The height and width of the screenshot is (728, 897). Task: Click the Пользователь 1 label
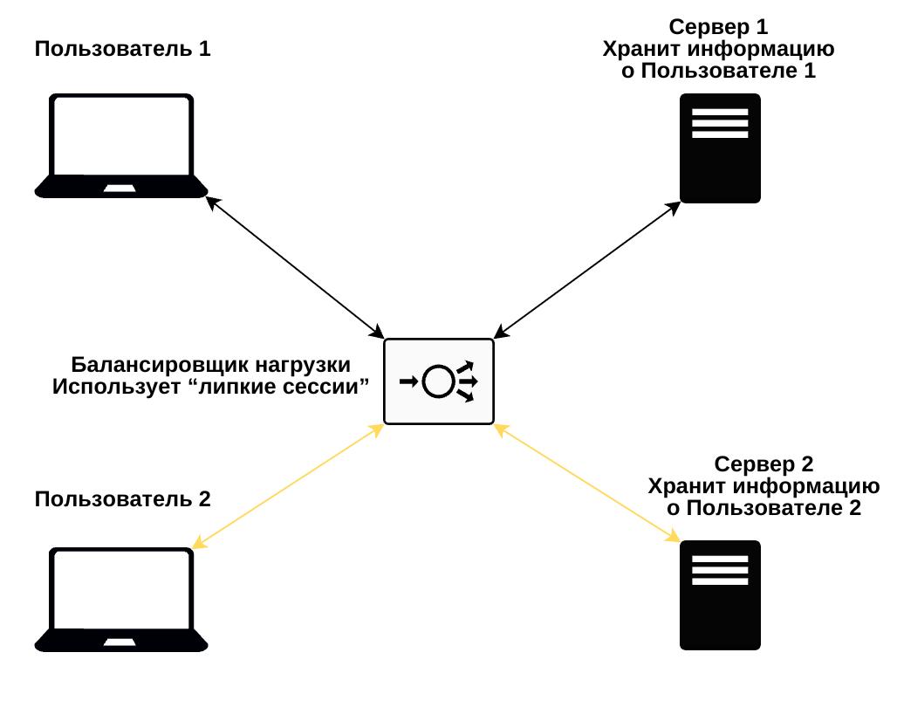click(x=122, y=49)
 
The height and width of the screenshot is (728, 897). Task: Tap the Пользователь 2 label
click(x=122, y=499)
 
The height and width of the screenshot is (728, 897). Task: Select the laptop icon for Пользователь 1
click(x=122, y=146)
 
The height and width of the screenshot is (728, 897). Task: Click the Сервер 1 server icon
click(x=720, y=148)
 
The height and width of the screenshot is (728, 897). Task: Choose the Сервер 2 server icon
click(x=720, y=595)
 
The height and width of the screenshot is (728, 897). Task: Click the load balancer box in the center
click(x=439, y=381)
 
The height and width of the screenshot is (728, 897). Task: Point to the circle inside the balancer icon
click(x=437, y=381)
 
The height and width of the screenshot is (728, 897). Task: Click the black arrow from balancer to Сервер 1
click(x=587, y=269)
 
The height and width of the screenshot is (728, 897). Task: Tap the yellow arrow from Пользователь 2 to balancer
click(x=288, y=486)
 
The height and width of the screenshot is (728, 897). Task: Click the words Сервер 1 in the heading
click(x=719, y=27)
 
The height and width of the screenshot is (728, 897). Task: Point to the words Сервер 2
click(x=763, y=464)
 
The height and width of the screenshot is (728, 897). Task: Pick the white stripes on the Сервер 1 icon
click(x=720, y=123)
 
